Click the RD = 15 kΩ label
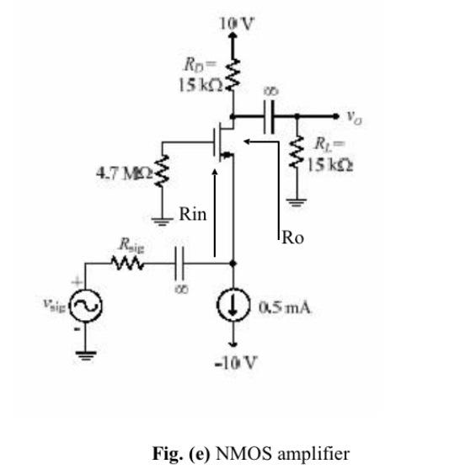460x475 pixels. pyautogui.click(x=201, y=75)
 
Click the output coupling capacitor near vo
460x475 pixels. pyautogui.click(x=270, y=117)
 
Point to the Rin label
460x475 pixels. pyautogui.click(x=191, y=215)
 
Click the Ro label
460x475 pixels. pyautogui.click(x=292, y=238)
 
